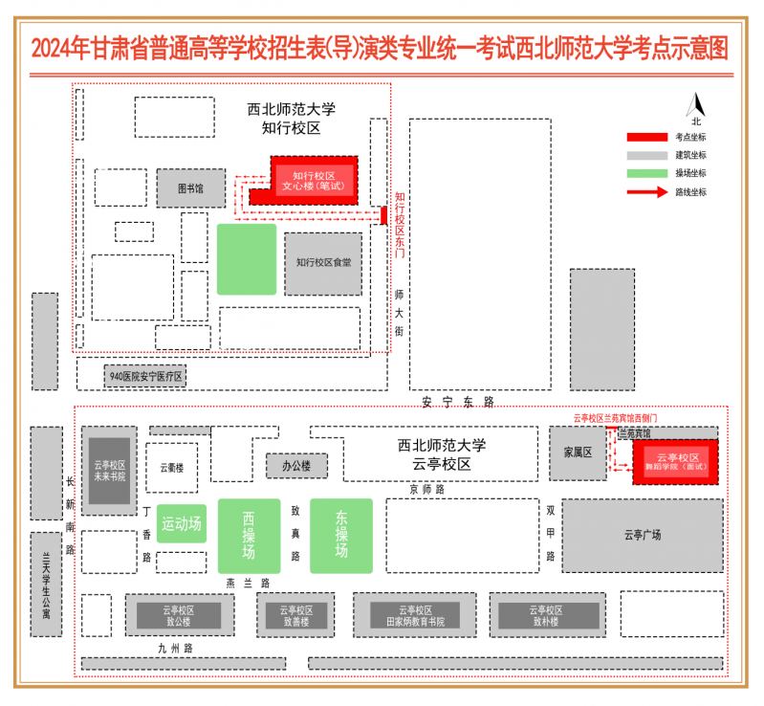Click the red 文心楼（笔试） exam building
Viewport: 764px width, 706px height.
point(313,181)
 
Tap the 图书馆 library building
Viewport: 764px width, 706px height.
point(191,188)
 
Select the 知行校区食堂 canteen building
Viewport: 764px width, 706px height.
point(323,262)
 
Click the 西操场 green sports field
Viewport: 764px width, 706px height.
point(249,536)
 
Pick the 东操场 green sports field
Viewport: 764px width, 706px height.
point(340,536)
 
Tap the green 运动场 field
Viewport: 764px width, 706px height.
point(181,523)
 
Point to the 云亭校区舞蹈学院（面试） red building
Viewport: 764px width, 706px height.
point(676,461)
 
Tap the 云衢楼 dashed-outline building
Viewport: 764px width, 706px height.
point(172,468)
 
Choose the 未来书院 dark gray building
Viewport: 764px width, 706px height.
point(109,470)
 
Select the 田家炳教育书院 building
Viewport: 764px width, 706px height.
point(415,615)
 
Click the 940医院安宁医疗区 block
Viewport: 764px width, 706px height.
point(145,377)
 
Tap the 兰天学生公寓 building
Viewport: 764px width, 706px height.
point(45,584)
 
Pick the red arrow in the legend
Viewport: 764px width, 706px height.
point(646,191)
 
